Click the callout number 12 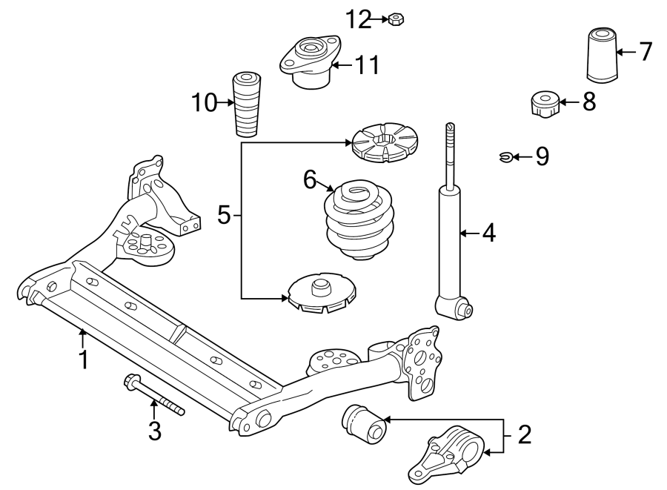(x=359, y=20)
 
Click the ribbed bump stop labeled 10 (x=246, y=104)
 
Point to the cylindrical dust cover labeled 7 (x=601, y=55)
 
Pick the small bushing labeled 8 (x=545, y=103)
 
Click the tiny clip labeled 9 (x=505, y=156)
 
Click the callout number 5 (x=224, y=215)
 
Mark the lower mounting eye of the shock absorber (x=454, y=307)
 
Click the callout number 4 (x=488, y=234)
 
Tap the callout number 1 (x=84, y=360)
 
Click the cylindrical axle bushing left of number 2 (x=364, y=424)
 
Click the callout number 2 (x=525, y=435)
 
